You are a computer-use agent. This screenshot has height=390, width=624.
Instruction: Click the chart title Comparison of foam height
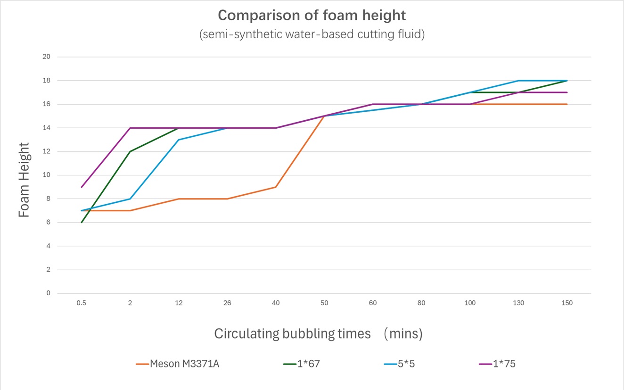[x=312, y=16]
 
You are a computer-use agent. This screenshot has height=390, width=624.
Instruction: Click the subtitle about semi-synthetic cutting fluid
[x=312, y=35]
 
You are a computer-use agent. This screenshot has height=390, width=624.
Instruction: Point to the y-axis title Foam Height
[x=25, y=180]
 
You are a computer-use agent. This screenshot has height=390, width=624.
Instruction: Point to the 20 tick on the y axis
[x=47, y=57]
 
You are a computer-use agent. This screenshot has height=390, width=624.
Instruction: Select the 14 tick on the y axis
[x=47, y=128]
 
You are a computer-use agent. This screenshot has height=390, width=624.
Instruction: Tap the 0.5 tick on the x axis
[x=82, y=303]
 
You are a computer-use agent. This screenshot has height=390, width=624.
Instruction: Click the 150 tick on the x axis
[x=567, y=303]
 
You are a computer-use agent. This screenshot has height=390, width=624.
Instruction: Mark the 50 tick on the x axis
[x=324, y=303]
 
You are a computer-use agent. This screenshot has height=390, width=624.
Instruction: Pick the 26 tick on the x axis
[x=227, y=303]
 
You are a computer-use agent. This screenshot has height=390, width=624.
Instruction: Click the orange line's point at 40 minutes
[x=276, y=187]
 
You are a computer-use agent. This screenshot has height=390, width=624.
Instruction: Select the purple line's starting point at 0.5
[x=82, y=187]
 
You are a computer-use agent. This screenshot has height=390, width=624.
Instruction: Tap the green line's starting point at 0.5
[x=82, y=223]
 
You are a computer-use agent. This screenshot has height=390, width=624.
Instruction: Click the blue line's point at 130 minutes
[x=518, y=81]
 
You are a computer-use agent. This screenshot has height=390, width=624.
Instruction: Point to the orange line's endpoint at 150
[x=567, y=104]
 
